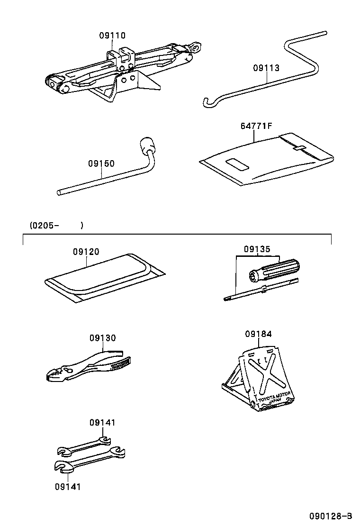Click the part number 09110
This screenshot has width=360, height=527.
(x=112, y=36)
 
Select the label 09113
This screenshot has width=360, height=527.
(x=266, y=68)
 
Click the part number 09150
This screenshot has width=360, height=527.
(x=101, y=164)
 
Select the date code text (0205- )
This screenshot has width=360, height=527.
(x=56, y=225)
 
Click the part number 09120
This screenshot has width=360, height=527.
(x=86, y=252)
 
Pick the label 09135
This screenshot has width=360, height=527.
(x=257, y=249)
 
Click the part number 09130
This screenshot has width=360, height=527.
(x=102, y=338)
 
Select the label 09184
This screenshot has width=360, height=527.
(x=259, y=334)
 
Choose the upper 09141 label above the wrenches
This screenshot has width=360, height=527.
(x=102, y=422)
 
